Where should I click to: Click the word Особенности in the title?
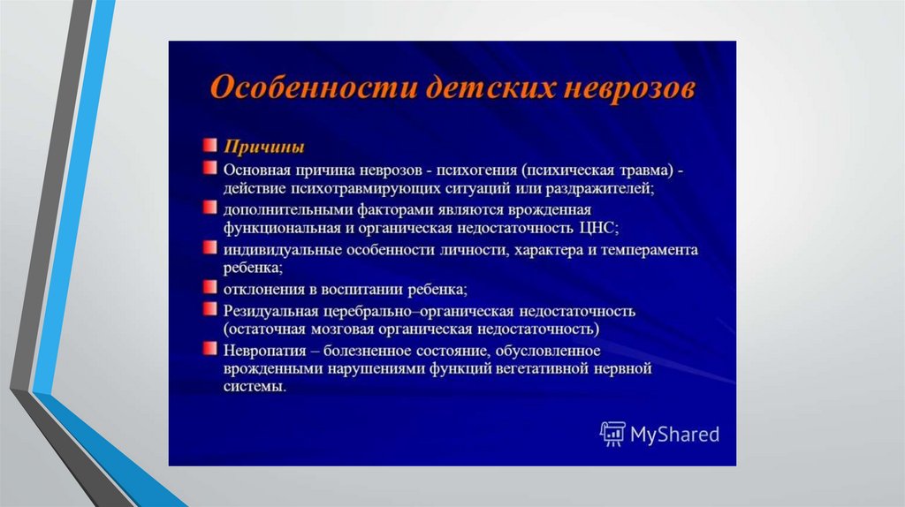click(x=313, y=88)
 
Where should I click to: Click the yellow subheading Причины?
click(x=263, y=147)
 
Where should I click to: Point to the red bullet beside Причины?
click(x=209, y=144)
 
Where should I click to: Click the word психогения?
click(x=476, y=170)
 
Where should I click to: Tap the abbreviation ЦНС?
click(x=598, y=228)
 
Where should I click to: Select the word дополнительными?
click(x=288, y=210)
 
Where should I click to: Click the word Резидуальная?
click(x=270, y=312)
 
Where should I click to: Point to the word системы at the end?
click(x=255, y=387)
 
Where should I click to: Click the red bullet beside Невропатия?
click(x=209, y=348)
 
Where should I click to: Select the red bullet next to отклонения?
click(x=209, y=287)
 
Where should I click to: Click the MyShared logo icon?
click(x=612, y=434)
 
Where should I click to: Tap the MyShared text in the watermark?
click(x=674, y=435)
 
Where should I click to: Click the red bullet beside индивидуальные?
click(x=209, y=247)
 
